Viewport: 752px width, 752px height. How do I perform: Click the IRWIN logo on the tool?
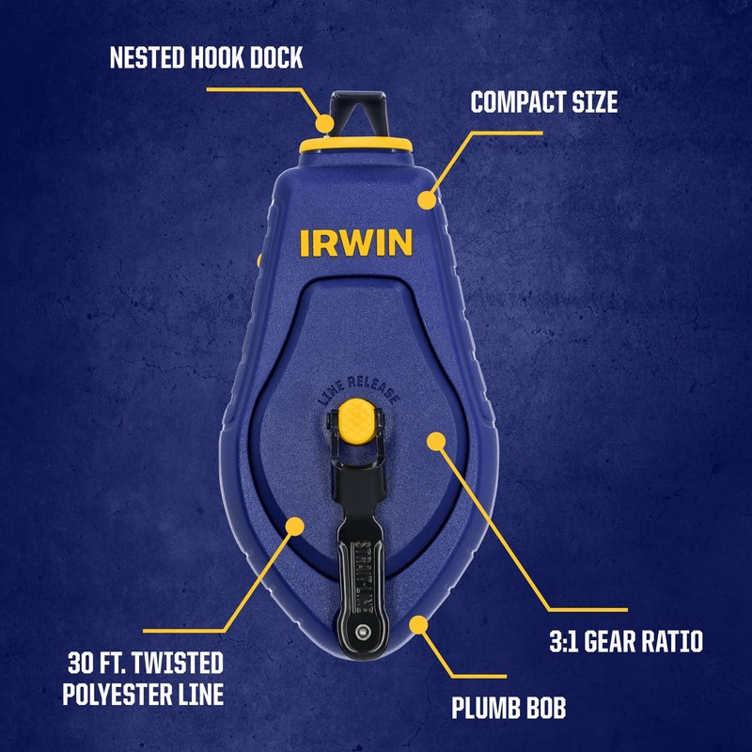(356, 242)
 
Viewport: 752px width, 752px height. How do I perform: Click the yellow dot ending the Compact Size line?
(427, 199)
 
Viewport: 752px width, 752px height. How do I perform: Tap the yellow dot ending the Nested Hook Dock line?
(325, 122)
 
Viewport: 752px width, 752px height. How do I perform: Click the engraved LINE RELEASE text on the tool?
(357, 387)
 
